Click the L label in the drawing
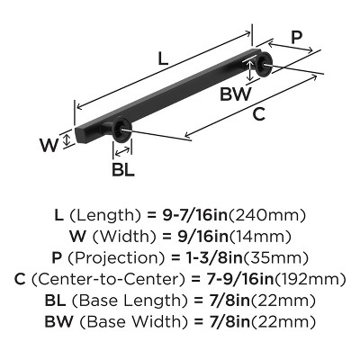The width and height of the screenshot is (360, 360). tap(163, 59)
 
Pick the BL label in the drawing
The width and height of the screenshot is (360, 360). tap(124, 168)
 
